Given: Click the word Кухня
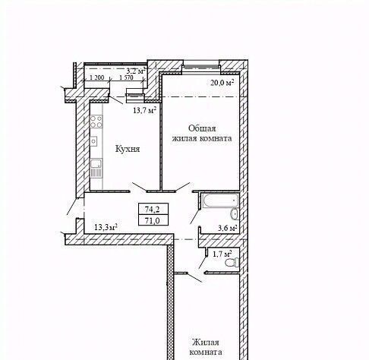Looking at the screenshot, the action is tap(128, 149).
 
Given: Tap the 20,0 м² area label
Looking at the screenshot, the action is tap(222, 83).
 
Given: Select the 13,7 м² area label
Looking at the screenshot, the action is tap(144, 110).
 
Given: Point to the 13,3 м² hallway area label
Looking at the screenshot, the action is tap(106, 227).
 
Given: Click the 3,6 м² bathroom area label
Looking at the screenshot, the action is tap(228, 228).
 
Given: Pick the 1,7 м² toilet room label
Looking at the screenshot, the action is tap(222, 254).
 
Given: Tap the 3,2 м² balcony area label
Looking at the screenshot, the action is tap(136, 71).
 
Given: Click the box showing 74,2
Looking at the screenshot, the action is tap(153, 209).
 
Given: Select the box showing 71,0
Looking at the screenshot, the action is tap(153, 220).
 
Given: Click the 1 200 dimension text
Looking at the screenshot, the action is tap(97, 77).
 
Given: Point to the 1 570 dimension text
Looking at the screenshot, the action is tap(126, 77).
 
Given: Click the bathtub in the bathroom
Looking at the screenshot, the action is tap(220, 201).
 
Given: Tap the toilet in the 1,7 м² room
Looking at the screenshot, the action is tap(232, 262).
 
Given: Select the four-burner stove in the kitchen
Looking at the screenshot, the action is tap(96, 122).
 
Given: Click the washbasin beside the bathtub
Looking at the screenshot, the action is tap(235, 214).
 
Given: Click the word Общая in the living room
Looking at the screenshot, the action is tap(202, 128).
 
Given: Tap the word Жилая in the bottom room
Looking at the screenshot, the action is tap(205, 343).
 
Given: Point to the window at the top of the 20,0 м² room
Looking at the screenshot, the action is tap(201, 66).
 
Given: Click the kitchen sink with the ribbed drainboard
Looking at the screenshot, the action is tap(96, 168).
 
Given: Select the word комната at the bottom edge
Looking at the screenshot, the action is tap(206, 352).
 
